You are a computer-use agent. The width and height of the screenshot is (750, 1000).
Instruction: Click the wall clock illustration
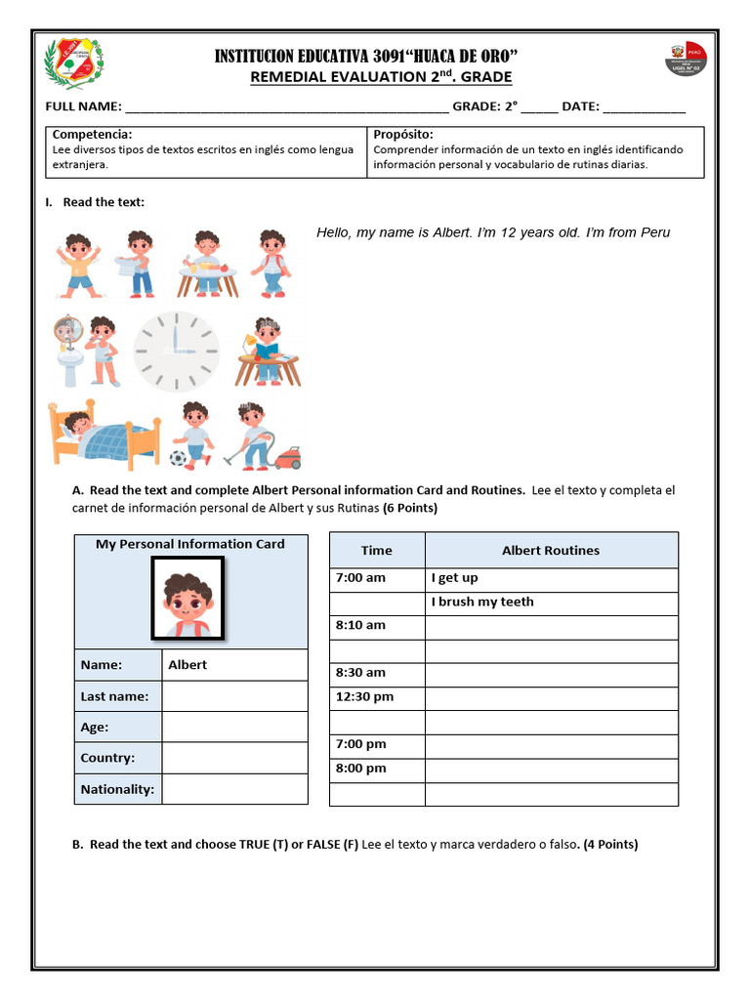click(177, 351)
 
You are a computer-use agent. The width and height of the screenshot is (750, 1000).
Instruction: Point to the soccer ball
click(178, 458)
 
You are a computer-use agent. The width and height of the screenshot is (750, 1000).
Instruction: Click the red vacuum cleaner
click(287, 457)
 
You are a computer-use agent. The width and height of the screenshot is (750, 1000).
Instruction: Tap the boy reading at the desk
click(268, 351)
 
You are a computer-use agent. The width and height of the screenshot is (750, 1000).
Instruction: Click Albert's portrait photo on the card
click(187, 599)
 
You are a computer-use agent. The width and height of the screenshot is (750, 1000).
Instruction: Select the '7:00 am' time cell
click(360, 578)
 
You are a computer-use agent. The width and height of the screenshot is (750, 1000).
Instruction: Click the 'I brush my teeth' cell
click(482, 603)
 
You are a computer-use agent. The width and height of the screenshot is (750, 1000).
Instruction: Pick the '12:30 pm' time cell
click(364, 697)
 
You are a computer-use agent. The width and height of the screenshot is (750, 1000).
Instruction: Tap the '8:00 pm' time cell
click(360, 769)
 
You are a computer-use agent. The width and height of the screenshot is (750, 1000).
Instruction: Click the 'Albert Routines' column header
click(551, 551)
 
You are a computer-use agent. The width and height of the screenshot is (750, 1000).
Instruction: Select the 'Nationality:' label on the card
click(117, 789)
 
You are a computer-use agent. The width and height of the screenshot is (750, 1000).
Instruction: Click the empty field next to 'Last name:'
click(234, 696)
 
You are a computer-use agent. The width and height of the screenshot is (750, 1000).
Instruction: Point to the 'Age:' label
click(95, 728)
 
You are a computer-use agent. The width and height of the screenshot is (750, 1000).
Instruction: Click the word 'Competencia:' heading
click(93, 135)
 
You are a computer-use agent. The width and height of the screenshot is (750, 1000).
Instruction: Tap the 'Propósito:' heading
click(403, 135)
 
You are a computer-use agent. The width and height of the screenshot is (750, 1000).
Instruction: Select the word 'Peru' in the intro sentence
click(651, 233)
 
